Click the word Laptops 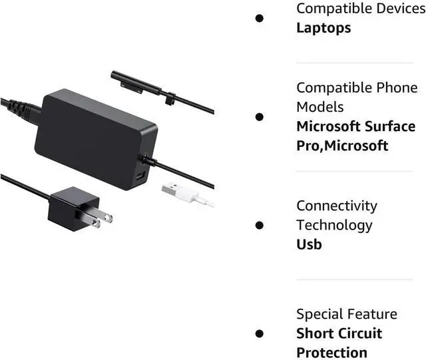click(x=323, y=27)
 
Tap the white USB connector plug click(x=175, y=190)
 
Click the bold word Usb click(x=309, y=244)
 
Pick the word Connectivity click(x=337, y=206)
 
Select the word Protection click(x=332, y=352)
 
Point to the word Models click(x=320, y=106)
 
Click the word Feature click(x=373, y=313)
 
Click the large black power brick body click(x=90, y=136)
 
